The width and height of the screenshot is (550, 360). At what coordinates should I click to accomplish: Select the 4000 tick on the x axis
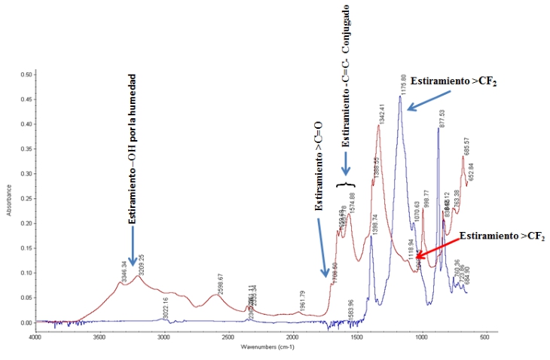(35, 337)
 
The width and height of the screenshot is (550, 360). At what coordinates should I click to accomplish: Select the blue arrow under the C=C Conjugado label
(346, 163)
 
